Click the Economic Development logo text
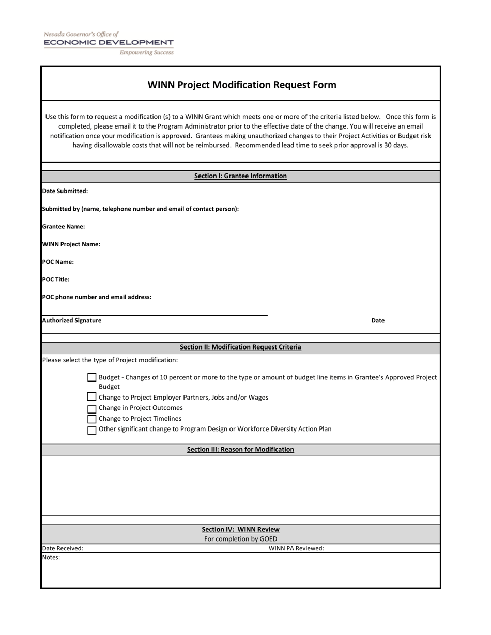click(109, 42)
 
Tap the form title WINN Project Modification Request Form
click(242, 85)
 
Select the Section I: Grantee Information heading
click(240, 176)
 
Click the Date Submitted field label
click(65, 191)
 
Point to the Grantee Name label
click(64, 227)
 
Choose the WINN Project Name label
click(71, 244)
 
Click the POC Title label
click(56, 280)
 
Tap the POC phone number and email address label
click(97, 297)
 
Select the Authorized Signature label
click(72, 321)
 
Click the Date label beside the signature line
click(378, 321)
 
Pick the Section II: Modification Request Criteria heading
click(240, 347)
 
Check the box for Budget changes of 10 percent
click(92, 378)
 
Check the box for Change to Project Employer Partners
click(92, 397)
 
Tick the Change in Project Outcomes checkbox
click(92, 409)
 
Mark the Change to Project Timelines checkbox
click(92, 419)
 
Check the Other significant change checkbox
click(92, 430)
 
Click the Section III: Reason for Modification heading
click(240, 450)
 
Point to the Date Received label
click(63, 549)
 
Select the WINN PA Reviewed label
click(296, 549)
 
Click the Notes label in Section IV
click(51, 558)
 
